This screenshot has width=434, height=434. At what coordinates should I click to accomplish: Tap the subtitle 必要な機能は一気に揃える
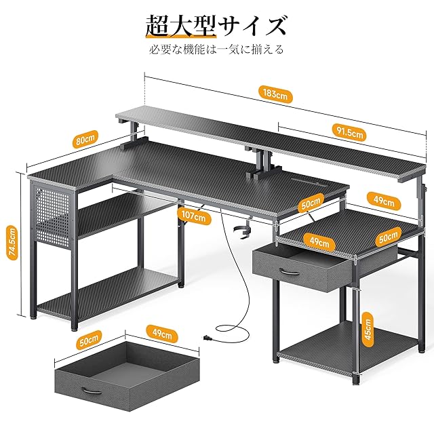[217, 50]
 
